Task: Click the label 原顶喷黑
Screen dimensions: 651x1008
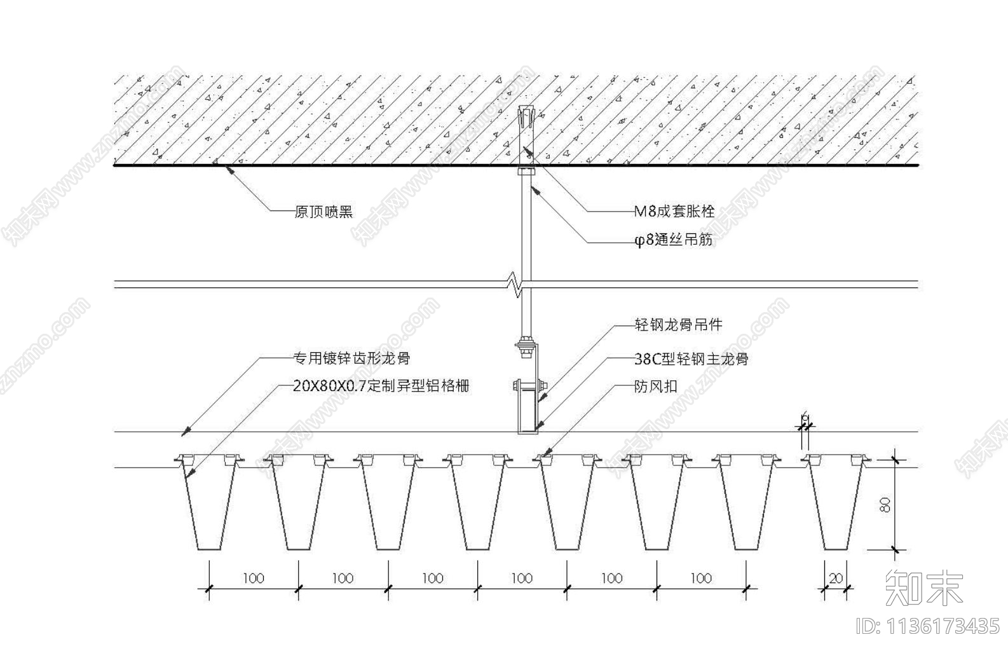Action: click(324, 212)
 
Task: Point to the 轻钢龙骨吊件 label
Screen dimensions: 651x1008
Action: click(678, 325)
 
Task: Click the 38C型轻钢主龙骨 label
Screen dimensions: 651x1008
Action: click(691, 359)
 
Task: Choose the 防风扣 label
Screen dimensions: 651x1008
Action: click(655, 387)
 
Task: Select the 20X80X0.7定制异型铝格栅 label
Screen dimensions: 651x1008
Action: click(381, 386)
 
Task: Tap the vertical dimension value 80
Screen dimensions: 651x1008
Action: click(886, 504)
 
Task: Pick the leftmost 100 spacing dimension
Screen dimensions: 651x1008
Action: click(253, 578)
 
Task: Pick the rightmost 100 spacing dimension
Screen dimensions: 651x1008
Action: click(701, 578)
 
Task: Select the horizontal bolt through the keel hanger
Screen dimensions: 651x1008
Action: click(528, 385)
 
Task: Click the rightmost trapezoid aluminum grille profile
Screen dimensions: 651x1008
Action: click(835, 505)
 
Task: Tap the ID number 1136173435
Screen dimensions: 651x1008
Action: click(929, 626)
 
